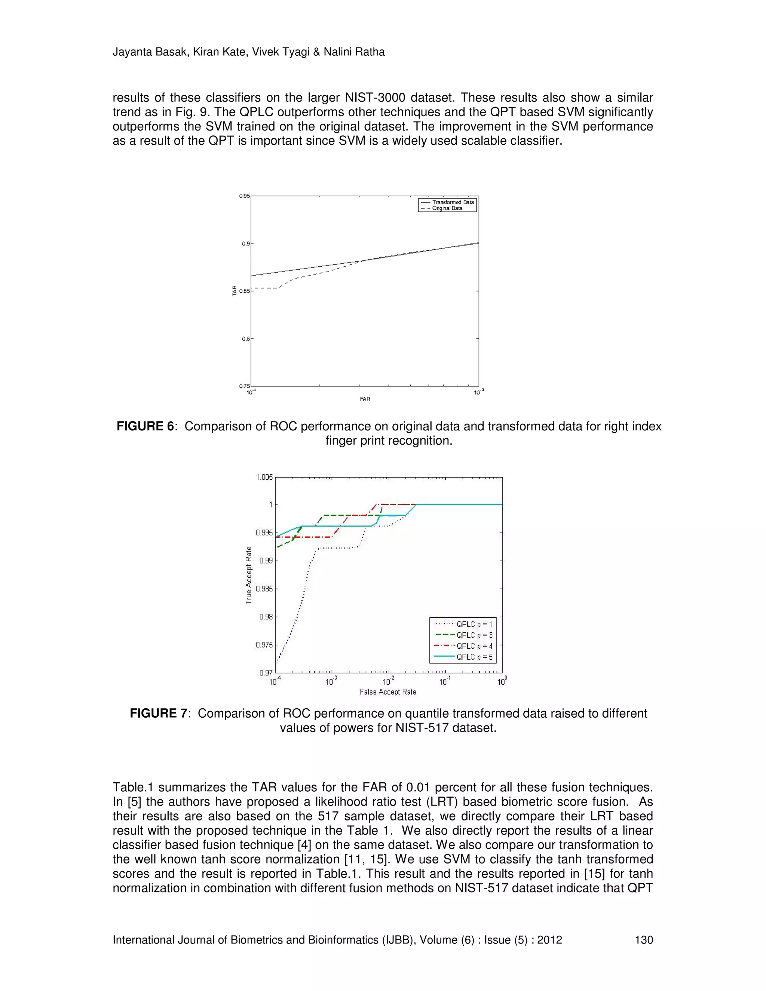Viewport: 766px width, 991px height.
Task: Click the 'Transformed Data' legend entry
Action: click(x=453, y=202)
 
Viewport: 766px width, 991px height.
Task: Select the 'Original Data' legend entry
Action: click(x=447, y=208)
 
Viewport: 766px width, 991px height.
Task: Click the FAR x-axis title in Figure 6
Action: click(x=365, y=399)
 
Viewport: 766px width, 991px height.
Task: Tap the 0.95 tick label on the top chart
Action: click(x=245, y=196)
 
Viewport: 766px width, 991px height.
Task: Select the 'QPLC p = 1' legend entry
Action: click(x=474, y=625)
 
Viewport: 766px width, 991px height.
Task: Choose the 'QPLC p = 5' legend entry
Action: click(x=474, y=657)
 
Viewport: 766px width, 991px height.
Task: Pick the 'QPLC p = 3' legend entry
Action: click(x=474, y=635)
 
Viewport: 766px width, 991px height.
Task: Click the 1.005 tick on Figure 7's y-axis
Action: click(x=264, y=477)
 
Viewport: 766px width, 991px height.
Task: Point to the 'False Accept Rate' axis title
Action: click(x=387, y=692)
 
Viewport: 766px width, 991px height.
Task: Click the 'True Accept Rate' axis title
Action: click(x=249, y=576)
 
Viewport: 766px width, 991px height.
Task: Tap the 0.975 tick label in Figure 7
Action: click(x=264, y=645)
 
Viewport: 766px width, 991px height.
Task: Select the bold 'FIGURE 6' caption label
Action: click(x=145, y=427)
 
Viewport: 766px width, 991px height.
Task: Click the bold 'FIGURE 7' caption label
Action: click(x=158, y=714)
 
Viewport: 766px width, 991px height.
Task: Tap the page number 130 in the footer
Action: click(x=643, y=940)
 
